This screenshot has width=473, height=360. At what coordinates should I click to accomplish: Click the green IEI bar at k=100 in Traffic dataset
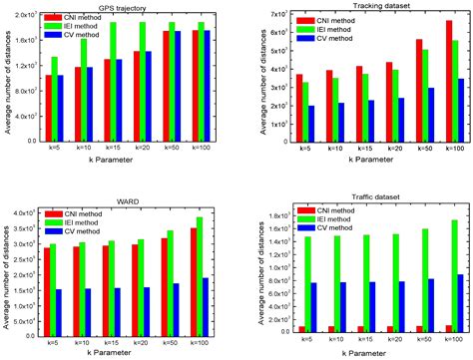456,276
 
